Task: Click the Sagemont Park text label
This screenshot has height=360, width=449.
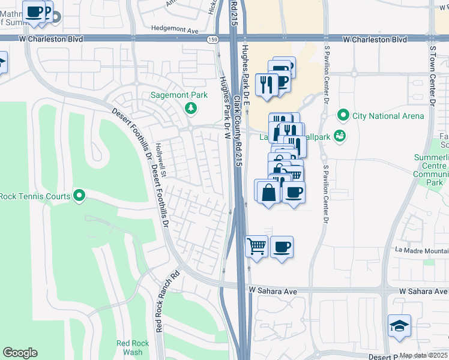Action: (x=178, y=95)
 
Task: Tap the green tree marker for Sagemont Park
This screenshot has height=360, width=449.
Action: (x=191, y=108)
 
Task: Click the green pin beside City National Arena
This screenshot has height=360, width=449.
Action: (x=343, y=115)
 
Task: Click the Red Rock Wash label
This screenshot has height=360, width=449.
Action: (x=129, y=347)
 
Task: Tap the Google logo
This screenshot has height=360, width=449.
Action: (x=20, y=353)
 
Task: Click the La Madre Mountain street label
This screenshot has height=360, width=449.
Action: (x=420, y=250)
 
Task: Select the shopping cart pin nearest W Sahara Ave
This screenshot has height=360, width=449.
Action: (x=256, y=247)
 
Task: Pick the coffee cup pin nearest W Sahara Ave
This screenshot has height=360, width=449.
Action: (x=282, y=247)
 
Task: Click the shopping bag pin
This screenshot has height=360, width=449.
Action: (x=268, y=193)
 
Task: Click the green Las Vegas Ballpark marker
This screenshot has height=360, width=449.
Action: (x=340, y=136)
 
